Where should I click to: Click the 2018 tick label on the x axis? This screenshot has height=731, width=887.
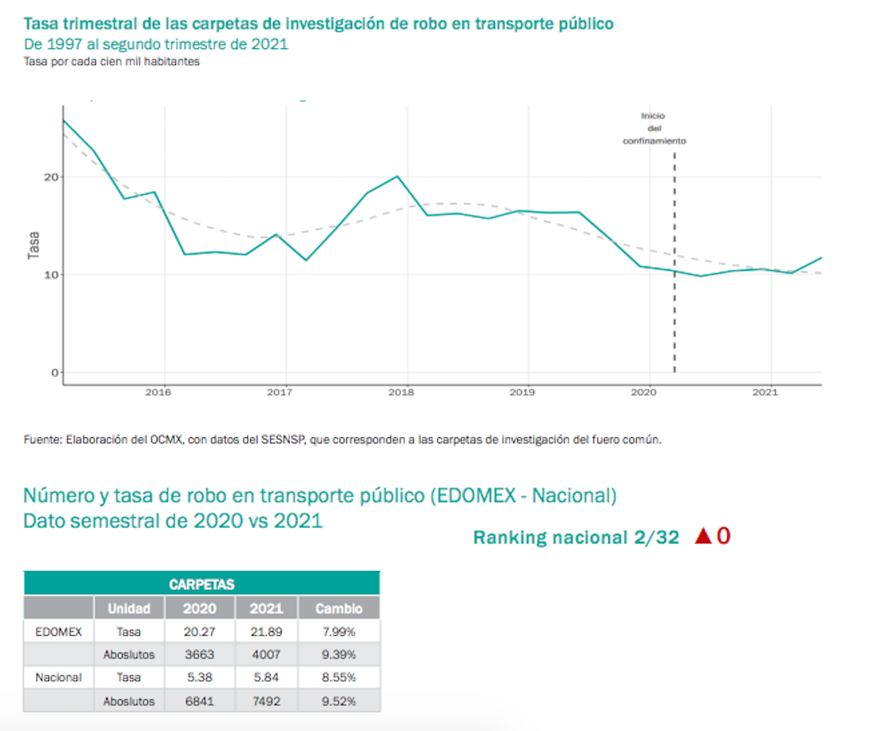[402, 392]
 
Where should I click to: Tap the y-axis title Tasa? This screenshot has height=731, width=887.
[33, 245]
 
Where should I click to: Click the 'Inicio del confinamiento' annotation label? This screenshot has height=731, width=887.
[653, 128]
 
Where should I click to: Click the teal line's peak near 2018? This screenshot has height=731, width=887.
[397, 176]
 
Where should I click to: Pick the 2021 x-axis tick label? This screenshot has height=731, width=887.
[765, 392]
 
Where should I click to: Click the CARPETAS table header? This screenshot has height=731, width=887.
[201, 584]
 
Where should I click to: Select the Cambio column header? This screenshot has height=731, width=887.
[339, 608]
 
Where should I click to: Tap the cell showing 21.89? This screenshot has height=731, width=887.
[266, 632]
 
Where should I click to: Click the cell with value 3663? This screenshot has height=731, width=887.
[200, 654]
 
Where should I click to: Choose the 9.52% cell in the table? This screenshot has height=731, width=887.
[339, 700]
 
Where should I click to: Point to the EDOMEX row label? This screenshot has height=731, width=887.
[59, 632]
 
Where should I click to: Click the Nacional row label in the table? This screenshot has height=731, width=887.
[59, 677]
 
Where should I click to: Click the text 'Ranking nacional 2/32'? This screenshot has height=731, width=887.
[576, 538]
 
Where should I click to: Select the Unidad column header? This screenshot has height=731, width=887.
[129, 608]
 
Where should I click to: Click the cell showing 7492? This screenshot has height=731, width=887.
[266, 700]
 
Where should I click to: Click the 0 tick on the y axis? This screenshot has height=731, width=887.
[54, 372]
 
